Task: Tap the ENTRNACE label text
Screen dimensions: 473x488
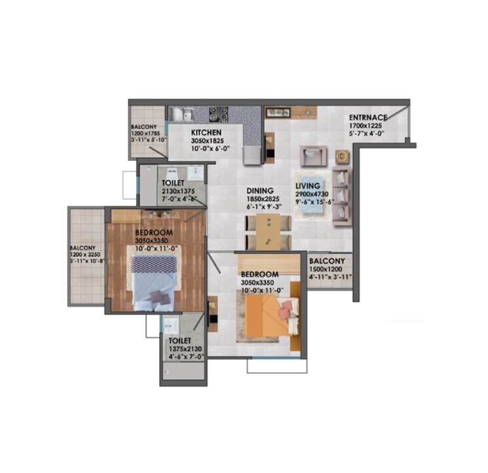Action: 367,118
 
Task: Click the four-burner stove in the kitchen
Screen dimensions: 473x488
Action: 219,114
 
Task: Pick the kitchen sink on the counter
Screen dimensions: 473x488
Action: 178,114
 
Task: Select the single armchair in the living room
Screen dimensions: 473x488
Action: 312,156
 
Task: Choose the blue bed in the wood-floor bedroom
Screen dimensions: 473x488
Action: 155,283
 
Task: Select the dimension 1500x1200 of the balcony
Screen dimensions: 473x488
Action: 330,269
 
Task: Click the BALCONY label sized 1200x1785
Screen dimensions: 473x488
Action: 143,126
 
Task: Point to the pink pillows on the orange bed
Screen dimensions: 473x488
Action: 286,311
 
